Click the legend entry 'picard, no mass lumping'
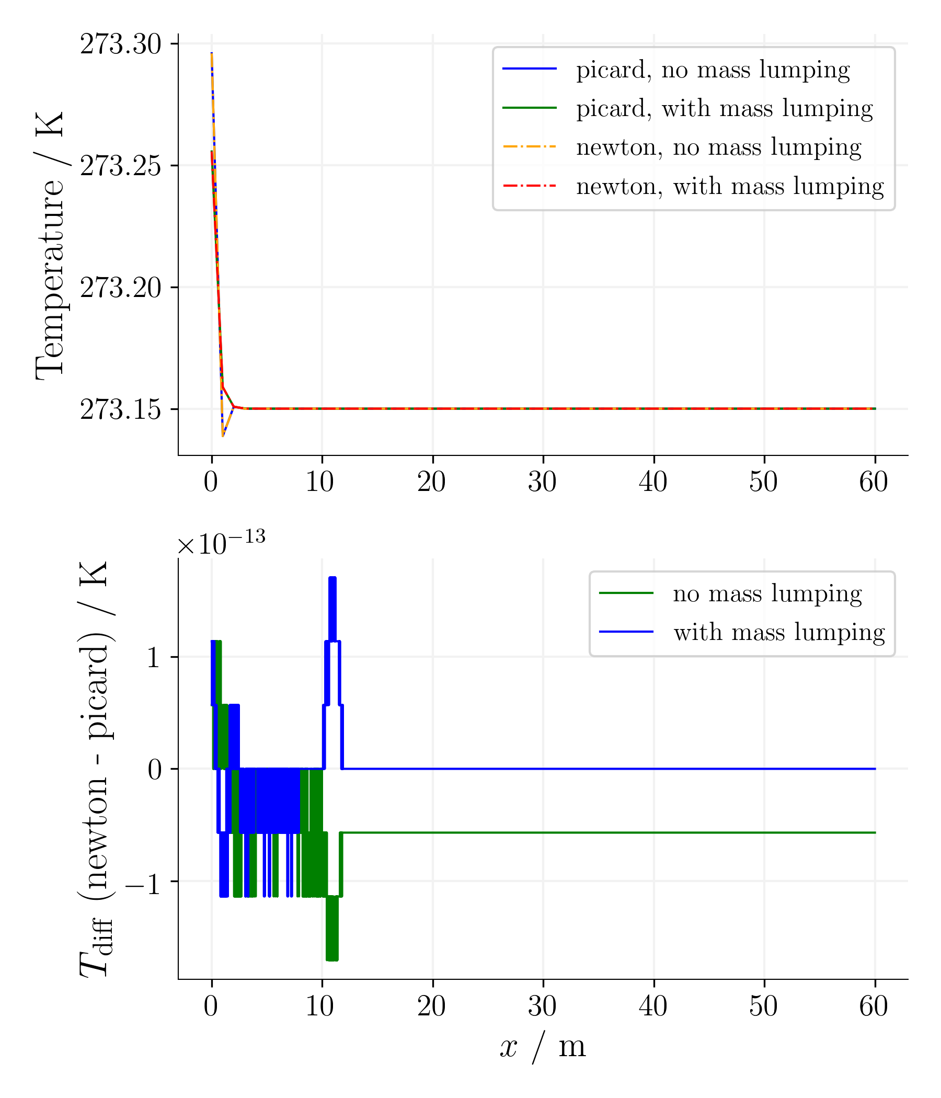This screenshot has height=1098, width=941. (713, 70)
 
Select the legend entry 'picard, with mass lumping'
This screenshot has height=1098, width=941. (724, 108)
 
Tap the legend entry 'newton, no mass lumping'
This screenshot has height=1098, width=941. (718, 147)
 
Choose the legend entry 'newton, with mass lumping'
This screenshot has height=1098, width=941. (730, 186)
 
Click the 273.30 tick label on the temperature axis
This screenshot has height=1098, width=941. (120, 44)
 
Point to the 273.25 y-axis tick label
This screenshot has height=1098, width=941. (120, 166)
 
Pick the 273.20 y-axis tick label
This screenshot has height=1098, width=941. (120, 288)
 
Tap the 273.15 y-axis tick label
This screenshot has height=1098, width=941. (120, 409)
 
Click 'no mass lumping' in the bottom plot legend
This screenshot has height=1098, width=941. (767, 593)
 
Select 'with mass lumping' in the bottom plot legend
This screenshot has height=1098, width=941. (779, 632)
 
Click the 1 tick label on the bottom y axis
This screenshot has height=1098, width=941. (154, 658)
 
